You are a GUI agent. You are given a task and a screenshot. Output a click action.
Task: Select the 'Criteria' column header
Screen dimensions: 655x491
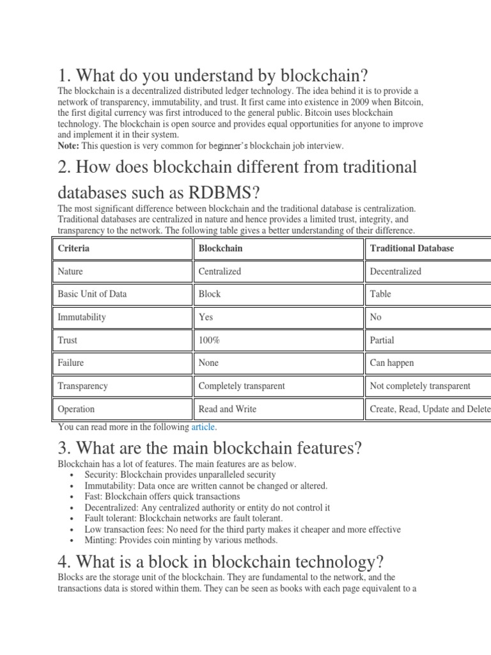[x=74, y=248]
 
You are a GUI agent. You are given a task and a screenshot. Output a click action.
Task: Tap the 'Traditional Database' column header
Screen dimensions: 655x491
[x=412, y=248]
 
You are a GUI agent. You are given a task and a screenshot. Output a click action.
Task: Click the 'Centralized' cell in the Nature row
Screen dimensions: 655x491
[x=220, y=271]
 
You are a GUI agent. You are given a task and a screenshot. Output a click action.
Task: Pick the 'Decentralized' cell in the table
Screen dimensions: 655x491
[x=396, y=271]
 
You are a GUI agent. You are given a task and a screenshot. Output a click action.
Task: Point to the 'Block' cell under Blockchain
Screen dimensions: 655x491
[x=210, y=294]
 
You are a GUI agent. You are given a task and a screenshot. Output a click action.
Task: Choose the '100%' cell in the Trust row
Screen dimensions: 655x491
[x=209, y=340]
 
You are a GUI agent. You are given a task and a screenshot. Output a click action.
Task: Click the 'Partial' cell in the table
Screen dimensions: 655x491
[x=382, y=340]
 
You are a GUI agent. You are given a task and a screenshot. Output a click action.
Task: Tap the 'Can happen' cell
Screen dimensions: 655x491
[x=392, y=363]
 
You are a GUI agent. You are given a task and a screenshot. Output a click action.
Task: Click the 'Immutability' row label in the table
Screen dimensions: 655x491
[x=82, y=317]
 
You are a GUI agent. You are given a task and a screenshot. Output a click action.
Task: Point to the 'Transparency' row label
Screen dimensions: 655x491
[x=82, y=386]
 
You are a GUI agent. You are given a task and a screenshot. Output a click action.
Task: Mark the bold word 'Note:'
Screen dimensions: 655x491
[x=68, y=146]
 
